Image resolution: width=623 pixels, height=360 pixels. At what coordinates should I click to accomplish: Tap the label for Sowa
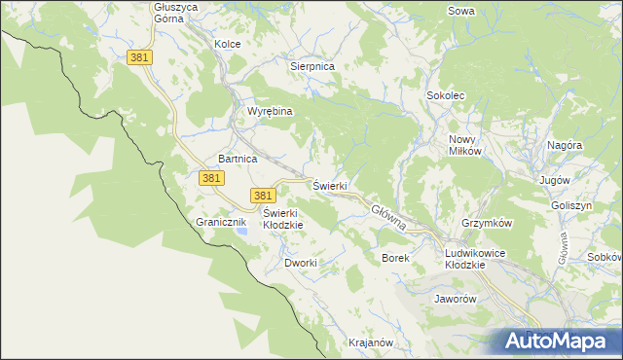pyautogui.click(x=460, y=11)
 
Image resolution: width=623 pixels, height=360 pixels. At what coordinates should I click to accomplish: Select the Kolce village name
pyautogui.click(x=227, y=44)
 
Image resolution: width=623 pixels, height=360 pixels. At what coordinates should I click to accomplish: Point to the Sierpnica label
pyautogui.click(x=312, y=66)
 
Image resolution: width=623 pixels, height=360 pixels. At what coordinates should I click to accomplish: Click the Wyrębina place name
pyautogui.click(x=270, y=111)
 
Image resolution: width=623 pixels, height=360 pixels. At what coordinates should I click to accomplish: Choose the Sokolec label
pyautogui.click(x=446, y=96)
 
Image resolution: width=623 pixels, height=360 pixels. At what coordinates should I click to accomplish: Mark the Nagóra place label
pyautogui.click(x=564, y=145)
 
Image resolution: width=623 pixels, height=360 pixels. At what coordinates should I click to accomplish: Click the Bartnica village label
pyautogui.click(x=237, y=158)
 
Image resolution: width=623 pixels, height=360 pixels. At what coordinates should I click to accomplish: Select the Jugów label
pyautogui.click(x=553, y=181)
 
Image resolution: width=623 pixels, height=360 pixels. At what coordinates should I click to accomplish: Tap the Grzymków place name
pyautogui.click(x=488, y=223)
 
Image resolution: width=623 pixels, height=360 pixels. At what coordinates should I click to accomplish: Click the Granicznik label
pyautogui.click(x=218, y=222)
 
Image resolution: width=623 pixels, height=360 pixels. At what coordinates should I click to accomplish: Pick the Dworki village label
pyautogui.click(x=301, y=263)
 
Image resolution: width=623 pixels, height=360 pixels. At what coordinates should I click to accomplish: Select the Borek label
pyautogui.click(x=395, y=258)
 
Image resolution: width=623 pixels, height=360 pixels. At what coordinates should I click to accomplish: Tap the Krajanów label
pyautogui.click(x=370, y=342)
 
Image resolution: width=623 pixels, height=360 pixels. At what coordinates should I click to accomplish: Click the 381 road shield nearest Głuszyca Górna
pyautogui.click(x=139, y=58)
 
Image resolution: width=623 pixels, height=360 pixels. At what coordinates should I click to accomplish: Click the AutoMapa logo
pyautogui.click(x=557, y=341)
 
